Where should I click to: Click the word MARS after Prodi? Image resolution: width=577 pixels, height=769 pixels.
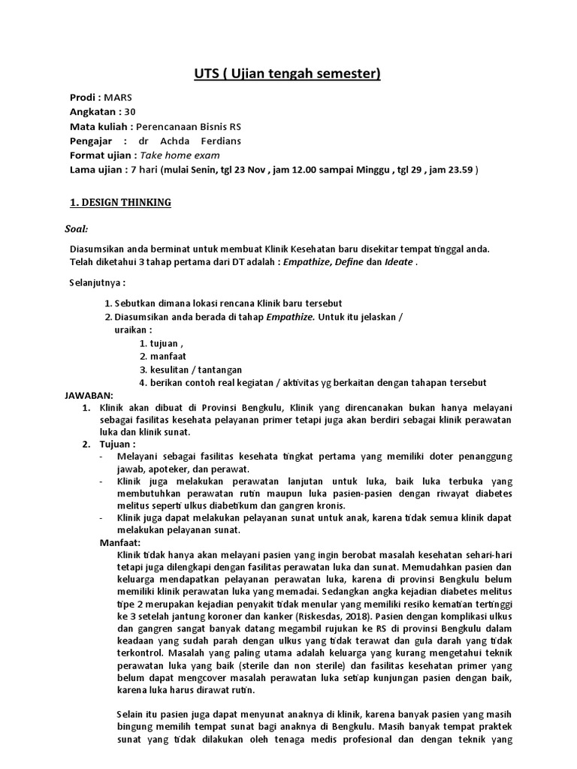117,98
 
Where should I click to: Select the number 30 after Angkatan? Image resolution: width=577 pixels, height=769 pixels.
131,112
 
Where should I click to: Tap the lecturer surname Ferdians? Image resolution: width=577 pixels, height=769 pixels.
216,140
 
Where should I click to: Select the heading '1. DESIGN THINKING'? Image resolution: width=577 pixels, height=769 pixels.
120,203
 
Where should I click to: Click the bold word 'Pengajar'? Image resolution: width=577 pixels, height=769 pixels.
90,140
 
